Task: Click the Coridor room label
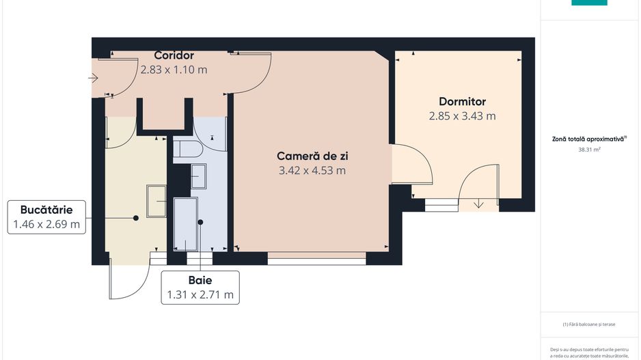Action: (x=174, y=55)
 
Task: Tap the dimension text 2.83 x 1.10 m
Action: (x=174, y=69)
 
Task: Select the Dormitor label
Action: (x=463, y=102)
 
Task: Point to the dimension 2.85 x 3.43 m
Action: (x=463, y=116)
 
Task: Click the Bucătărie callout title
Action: (x=46, y=209)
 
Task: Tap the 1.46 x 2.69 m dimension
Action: (x=46, y=223)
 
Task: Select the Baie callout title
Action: (x=200, y=280)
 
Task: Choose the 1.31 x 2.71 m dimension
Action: (x=200, y=294)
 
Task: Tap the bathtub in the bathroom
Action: (x=186, y=224)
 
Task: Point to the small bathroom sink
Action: (x=199, y=176)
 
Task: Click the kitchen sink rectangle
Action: (x=156, y=201)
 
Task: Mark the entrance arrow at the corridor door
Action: (x=94, y=78)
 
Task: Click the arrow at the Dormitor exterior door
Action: (x=478, y=202)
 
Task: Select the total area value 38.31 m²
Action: (x=588, y=148)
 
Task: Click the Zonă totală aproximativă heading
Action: (x=588, y=138)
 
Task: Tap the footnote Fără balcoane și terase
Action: (x=588, y=325)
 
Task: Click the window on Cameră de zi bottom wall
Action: (x=316, y=258)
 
